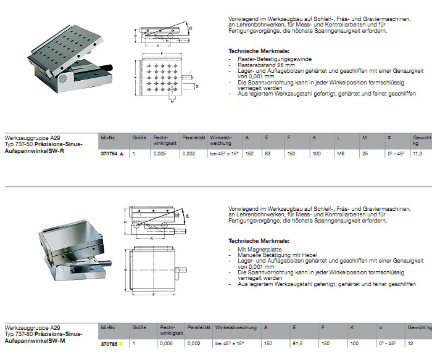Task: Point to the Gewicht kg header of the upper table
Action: pyautogui.click(x=422, y=139)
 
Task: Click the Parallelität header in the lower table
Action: pyautogui.click(x=197, y=327)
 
